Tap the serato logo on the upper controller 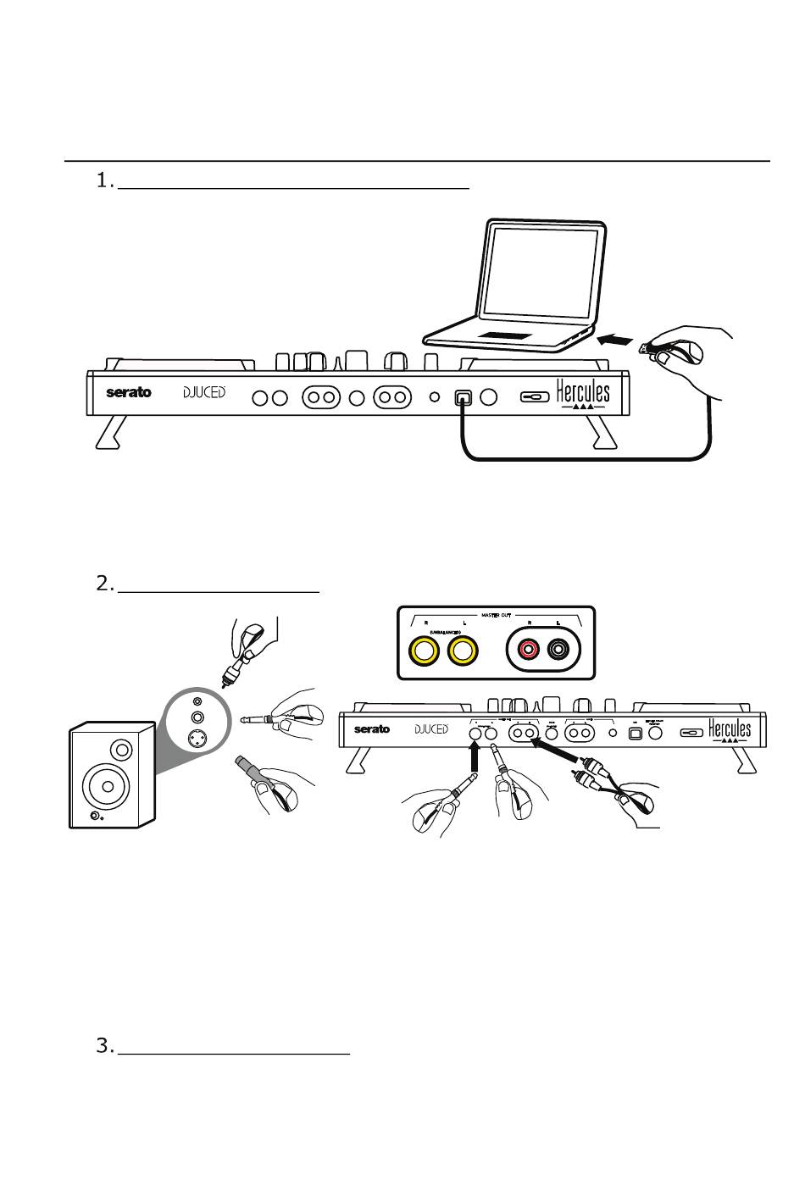click(x=129, y=392)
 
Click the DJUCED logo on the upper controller click(x=205, y=392)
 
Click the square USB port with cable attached click(x=463, y=397)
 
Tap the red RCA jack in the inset click(x=530, y=651)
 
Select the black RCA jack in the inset click(x=559, y=651)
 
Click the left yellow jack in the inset click(x=424, y=651)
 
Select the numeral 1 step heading click(x=104, y=180)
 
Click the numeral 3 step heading click(x=104, y=1046)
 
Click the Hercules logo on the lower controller click(x=730, y=729)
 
